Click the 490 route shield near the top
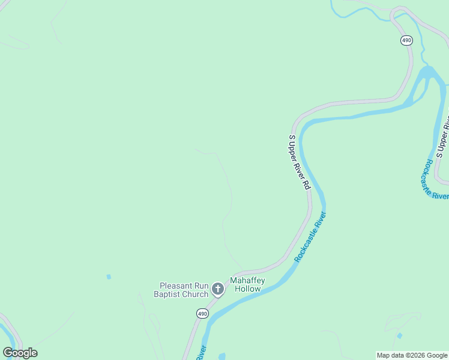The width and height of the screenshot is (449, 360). pos(406,40)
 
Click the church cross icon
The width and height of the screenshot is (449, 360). pos(218,290)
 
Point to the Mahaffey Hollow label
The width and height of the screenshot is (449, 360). pos(247,284)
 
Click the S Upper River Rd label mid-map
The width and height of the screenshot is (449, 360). pos(298,162)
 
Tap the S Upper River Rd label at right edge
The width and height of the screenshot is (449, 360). pos(443,137)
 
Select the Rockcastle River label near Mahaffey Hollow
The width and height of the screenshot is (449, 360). pos(310,236)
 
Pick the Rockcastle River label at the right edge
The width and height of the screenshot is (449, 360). pos(436,179)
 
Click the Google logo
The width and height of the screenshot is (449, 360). pos(20,353)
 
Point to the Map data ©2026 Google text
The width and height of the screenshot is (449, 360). pos(412,355)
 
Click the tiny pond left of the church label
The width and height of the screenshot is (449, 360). pos(109,277)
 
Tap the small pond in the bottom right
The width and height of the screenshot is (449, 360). pos(399,335)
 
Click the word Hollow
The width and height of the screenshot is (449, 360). pos(247,289)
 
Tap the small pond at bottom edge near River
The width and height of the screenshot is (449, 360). pos(222,356)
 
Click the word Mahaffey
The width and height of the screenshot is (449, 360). pos(247,280)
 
